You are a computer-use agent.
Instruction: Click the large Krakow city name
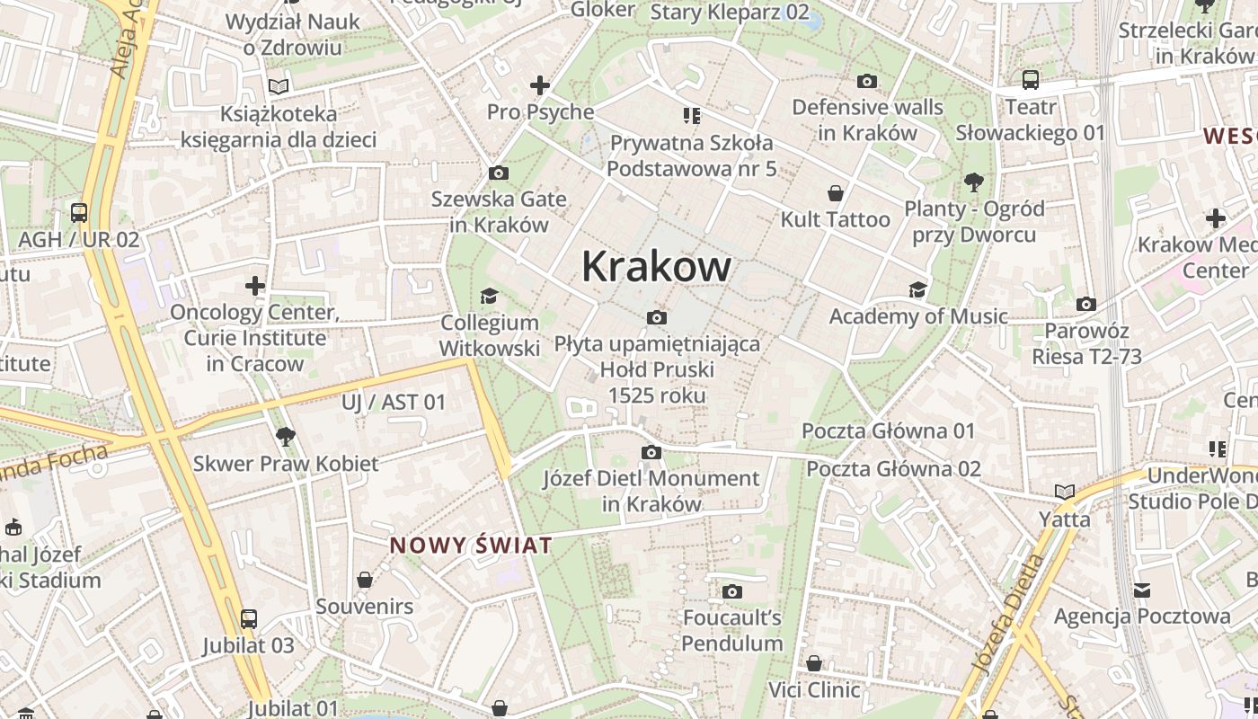[x=656, y=266]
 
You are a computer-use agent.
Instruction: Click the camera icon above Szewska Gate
[x=498, y=173]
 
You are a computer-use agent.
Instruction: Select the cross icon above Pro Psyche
[x=539, y=85]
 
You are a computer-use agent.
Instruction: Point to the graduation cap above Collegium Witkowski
[x=489, y=296]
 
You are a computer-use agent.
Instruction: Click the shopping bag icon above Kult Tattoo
[x=836, y=192]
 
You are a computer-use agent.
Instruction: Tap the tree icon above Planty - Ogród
[x=973, y=182]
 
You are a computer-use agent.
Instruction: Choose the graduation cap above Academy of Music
[x=917, y=289]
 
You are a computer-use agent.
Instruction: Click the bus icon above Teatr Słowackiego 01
[x=1030, y=80]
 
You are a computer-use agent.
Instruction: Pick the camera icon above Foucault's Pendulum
[x=731, y=591]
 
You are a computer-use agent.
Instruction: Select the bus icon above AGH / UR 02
[x=79, y=213]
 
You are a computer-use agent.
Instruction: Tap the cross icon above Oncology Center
[x=255, y=286]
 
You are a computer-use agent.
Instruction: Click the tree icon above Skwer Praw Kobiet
[x=286, y=437]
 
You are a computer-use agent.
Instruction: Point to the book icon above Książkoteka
[x=279, y=87]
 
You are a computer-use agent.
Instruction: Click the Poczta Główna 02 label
[x=892, y=468]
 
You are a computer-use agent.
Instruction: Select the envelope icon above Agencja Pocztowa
[x=1141, y=590]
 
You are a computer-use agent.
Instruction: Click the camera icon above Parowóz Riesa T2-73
[x=1085, y=304]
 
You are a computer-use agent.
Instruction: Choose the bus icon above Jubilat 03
[x=248, y=618]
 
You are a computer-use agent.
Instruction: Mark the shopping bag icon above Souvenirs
[x=364, y=580]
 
